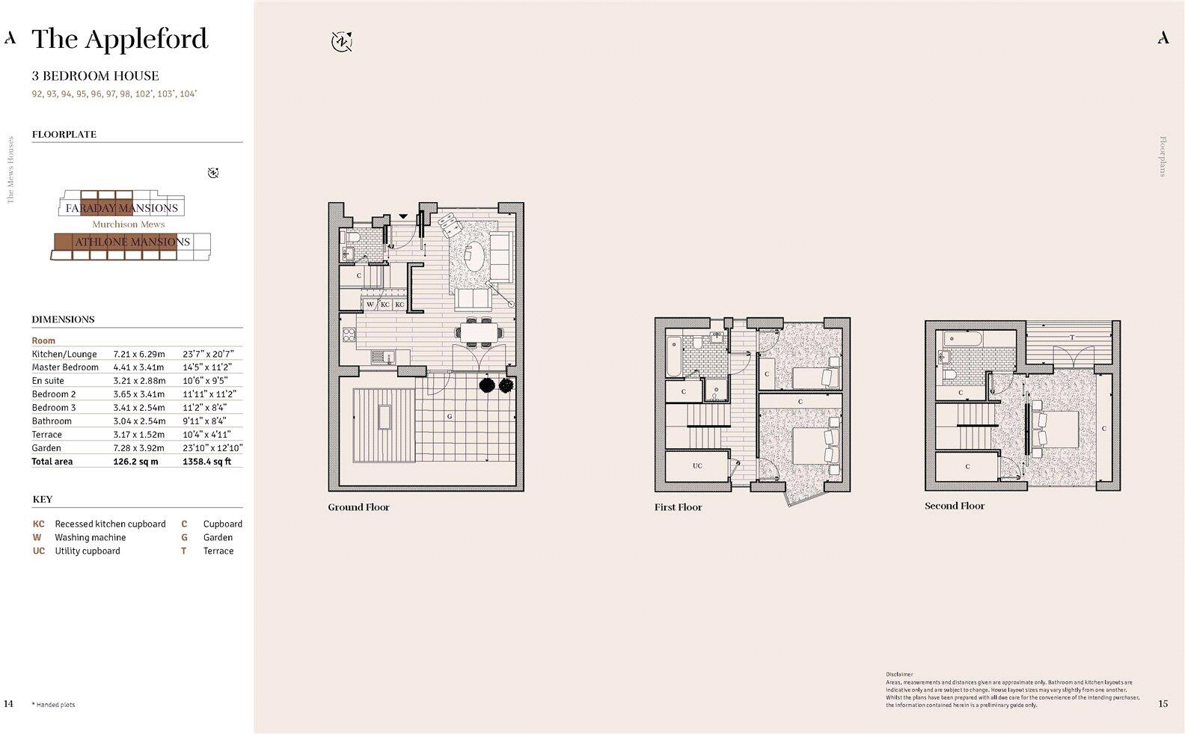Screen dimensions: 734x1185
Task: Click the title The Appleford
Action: coord(120,39)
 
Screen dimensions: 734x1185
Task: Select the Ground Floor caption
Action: coord(358,507)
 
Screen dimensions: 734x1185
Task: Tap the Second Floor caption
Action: coord(955,506)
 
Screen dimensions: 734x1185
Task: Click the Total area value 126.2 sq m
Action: coord(135,462)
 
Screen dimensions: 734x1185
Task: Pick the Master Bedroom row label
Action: coord(65,367)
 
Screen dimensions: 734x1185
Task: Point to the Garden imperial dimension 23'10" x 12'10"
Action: coord(212,448)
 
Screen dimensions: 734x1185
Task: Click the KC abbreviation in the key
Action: coord(38,524)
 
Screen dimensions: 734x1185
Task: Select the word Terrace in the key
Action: coord(218,551)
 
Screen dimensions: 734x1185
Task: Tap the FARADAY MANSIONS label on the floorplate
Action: coord(121,208)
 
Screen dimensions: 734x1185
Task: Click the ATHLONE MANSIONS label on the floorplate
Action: coord(132,242)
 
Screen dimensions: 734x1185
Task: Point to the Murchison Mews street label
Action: coord(128,224)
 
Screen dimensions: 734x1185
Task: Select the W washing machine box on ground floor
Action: coord(370,305)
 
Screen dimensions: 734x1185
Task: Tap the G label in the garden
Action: coord(450,415)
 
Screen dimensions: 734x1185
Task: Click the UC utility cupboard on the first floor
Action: coord(697,466)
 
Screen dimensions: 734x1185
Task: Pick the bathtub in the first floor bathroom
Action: coord(673,357)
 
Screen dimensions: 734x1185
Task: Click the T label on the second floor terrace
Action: coord(1071,337)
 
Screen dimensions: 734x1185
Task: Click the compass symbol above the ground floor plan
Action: coord(342,41)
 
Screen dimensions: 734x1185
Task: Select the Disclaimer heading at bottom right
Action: coord(899,674)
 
